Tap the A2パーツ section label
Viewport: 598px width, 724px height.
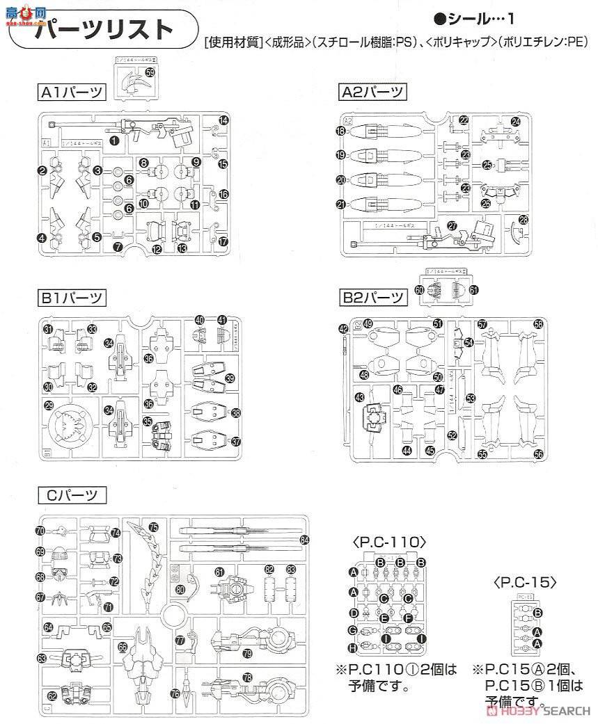tap(372, 92)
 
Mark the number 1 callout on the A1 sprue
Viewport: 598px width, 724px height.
tap(113, 140)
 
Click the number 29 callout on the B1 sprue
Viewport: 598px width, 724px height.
tap(48, 405)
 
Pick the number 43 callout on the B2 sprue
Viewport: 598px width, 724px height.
tap(359, 397)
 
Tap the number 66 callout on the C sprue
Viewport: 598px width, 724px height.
tap(123, 646)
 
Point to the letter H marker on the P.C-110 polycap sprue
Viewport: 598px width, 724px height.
tap(353, 647)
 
